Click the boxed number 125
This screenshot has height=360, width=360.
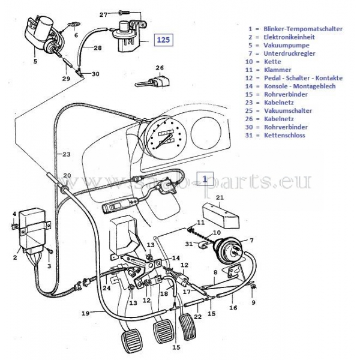(163, 40)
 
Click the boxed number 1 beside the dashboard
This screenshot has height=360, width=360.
(205, 179)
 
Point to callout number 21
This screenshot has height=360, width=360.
(220, 197)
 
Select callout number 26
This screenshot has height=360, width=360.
(160, 68)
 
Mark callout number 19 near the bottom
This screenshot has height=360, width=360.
(85, 313)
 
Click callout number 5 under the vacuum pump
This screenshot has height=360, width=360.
(35, 61)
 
